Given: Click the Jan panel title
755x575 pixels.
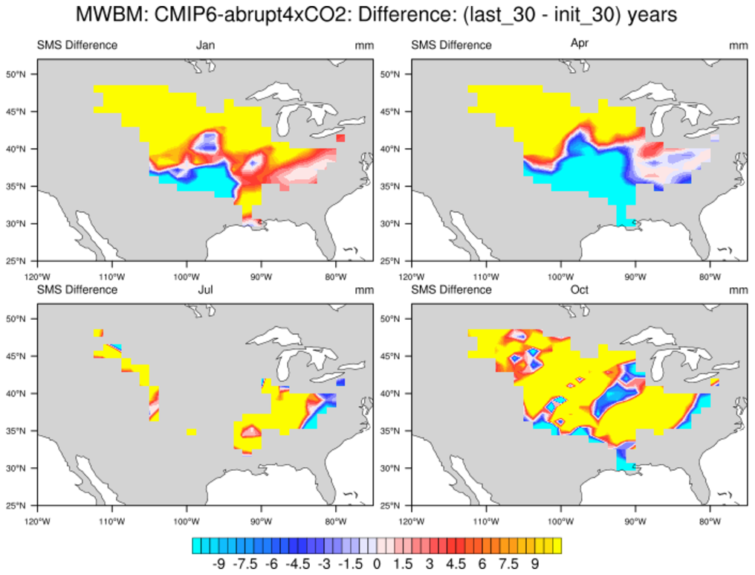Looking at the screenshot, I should (x=205, y=45).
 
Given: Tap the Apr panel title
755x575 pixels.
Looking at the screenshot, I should (x=579, y=44).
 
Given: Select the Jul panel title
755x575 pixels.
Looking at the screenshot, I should (x=205, y=289).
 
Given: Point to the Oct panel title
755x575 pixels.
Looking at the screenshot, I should (x=579, y=289).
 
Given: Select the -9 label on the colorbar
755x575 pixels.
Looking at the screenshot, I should (x=218, y=564).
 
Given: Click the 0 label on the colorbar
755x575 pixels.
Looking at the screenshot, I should (x=377, y=564).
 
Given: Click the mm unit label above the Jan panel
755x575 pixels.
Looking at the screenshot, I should (x=364, y=45).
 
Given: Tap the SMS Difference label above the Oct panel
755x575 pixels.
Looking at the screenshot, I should (x=451, y=289).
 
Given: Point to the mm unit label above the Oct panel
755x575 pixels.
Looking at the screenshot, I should (x=738, y=289).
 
